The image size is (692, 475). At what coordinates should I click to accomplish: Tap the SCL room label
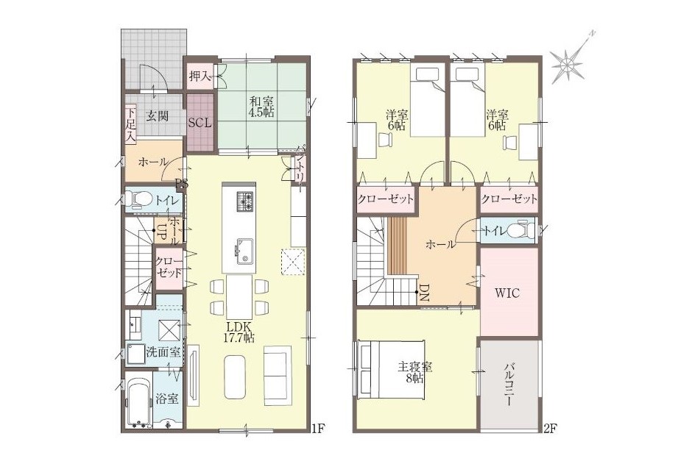click(x=200, y=123)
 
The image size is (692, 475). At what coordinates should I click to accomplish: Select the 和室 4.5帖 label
click(x=261, y=106)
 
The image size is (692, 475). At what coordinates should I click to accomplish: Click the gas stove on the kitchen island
click(x=245, y=201)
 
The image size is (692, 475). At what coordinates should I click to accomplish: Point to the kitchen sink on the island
click(x=244, y=252)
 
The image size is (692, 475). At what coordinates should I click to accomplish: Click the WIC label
click(x=506, y=293)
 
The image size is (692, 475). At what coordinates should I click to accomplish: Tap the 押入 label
click(x=200, y=76)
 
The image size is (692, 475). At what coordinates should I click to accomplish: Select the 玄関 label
click(x=157, y=116)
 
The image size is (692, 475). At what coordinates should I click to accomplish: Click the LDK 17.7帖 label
click(x=240, y=332)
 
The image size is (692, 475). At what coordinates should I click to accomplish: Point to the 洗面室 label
click(x=163, y=352)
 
